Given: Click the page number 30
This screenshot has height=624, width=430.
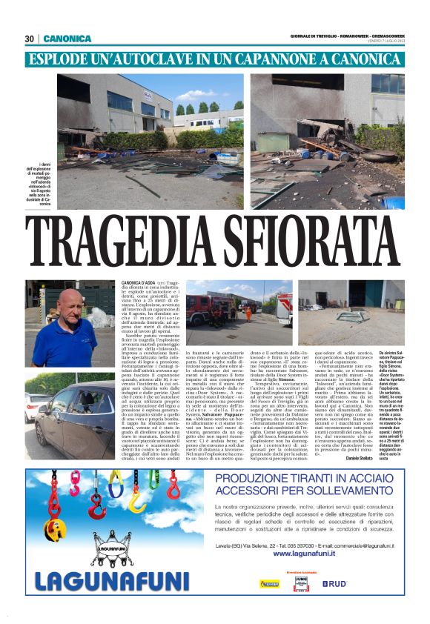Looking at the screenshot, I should pos(30,39).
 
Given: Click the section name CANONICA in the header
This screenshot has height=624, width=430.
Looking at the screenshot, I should pos(67,39).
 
